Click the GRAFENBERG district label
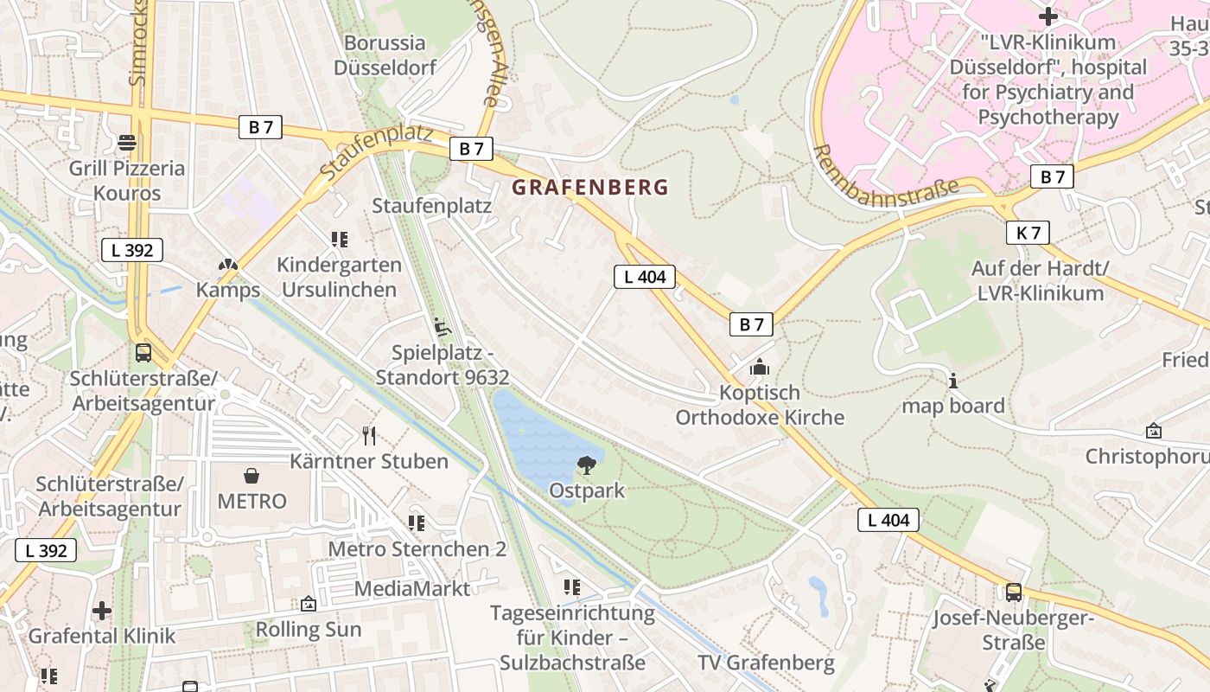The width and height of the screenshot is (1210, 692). point(590,187)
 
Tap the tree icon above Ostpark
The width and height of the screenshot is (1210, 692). point(586,465)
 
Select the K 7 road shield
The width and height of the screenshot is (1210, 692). point(1028,233)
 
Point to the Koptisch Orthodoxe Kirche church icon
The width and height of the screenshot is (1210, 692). point(760,368)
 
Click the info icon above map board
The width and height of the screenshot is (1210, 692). point(953,381)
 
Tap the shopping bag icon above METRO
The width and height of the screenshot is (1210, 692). point(252,476)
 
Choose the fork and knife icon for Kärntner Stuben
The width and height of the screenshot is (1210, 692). point(369,435)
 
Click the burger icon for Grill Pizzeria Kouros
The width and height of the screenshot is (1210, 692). point(127,143)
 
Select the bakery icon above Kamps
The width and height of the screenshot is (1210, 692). point(227,265)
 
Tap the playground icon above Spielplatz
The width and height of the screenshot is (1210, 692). point(443,327)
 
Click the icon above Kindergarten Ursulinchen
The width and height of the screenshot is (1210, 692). point(339,240)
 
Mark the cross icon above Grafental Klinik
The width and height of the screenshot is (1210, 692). point(102,611)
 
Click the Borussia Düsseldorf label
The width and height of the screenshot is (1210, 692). point(385,54)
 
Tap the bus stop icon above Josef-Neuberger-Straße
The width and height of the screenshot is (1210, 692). point(1013,593)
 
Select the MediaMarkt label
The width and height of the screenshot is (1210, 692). point(412,589)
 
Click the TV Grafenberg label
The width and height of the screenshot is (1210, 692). point(766,663)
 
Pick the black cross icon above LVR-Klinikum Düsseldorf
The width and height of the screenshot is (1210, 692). point(1048,16)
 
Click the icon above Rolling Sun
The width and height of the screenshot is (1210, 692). point(308,604)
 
